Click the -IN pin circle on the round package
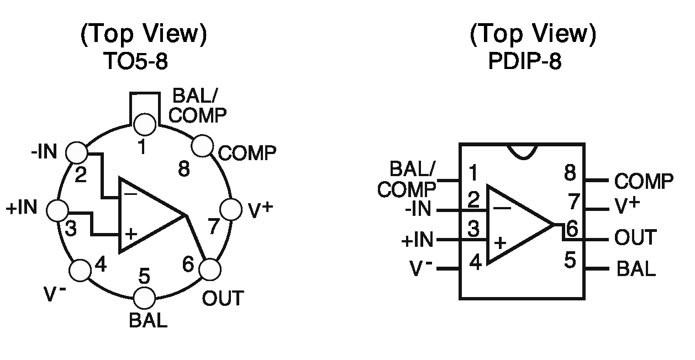77,151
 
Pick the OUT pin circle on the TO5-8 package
209,271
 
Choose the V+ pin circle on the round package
230,210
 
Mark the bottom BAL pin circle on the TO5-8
145,297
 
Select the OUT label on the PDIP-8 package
635,238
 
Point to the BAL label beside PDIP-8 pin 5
636,269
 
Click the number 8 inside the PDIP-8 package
570,173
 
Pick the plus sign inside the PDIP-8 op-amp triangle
501,242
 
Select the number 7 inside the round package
214,226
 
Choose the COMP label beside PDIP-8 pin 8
644,181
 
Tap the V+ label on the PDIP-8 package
627,206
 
